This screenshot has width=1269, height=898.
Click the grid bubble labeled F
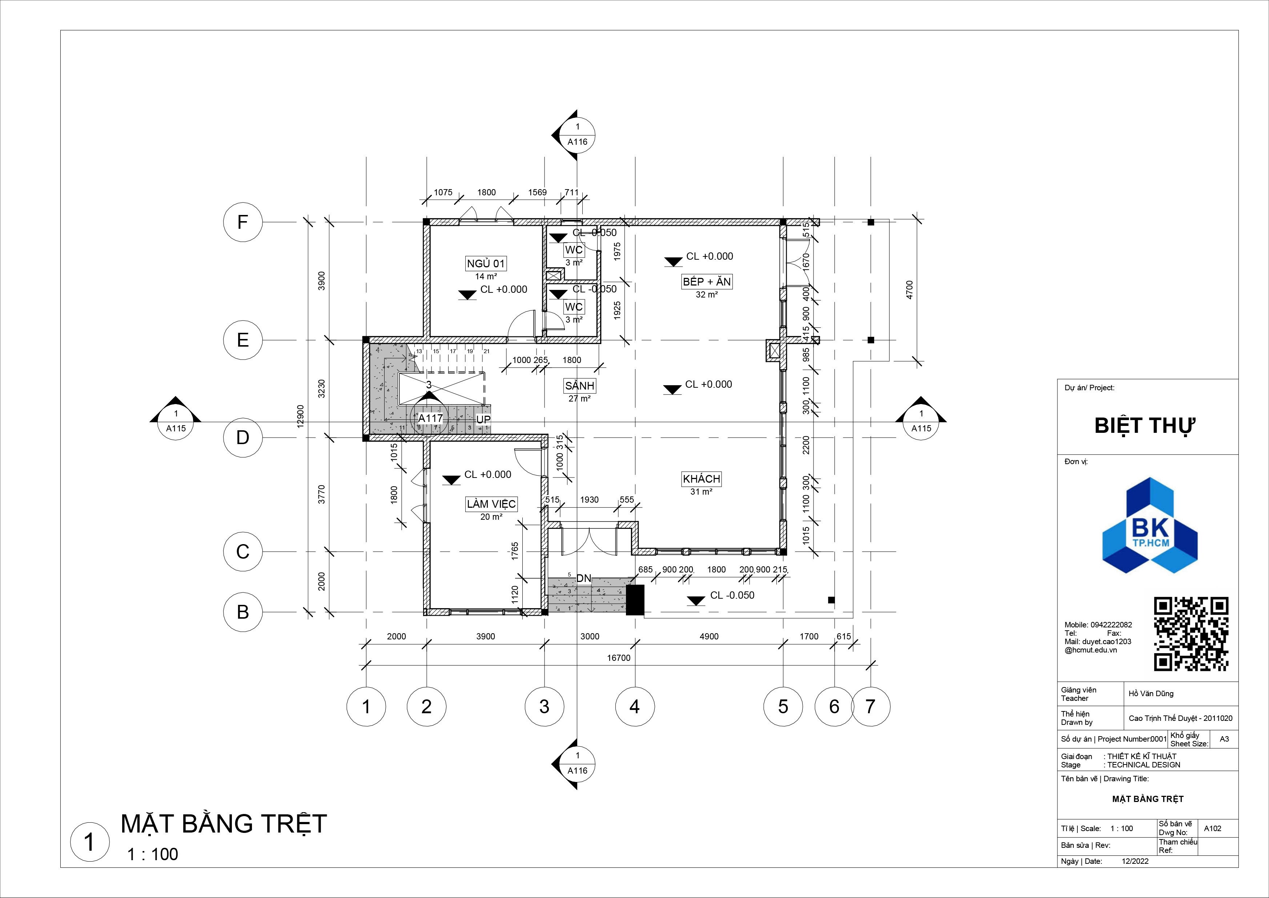pyautogui.click(x=242, y=222)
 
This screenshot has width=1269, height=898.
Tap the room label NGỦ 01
pyautogui.click(x=486, y=264)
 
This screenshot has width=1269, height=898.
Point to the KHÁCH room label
pyautogui.click(x=701, y=479)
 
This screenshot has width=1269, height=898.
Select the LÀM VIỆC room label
pyautogui.click(x=491, y=504)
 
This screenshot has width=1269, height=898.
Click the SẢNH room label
pyautogui.click(x=579, y=386)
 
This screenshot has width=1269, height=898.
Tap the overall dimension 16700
pyautogui.click(x=618, y=658)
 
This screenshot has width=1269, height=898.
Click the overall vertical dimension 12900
pyautogui.click(x=301, y=416)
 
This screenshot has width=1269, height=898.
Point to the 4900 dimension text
pyautogui.click(x=709, y=636)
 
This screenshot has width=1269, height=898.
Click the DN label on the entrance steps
pyautogui.click(x=584, y=578)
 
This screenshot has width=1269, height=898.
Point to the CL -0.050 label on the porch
pyautogui.click(x=732, y=595)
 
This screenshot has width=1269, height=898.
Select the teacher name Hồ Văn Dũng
pyautogui.click(x=1151, y=693)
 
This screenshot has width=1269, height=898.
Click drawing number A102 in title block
pyautogui.click(x=1213, y=828)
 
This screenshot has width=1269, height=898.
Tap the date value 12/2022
pyautogui.click(x=1135, y=861)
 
